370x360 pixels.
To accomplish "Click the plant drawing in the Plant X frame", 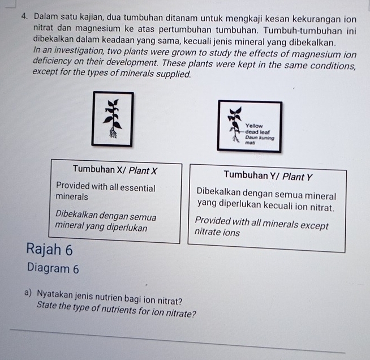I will [114, 118].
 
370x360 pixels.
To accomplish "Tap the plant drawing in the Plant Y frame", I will [234, 126].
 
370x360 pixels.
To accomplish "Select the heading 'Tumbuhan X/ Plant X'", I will [115, 170].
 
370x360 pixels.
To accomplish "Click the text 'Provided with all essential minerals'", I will [105, 192].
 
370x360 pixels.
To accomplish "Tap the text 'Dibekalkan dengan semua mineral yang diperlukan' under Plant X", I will [106, 222].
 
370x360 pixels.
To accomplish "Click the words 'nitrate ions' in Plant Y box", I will [217, 232].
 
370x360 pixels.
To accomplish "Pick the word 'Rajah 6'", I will [50, 249].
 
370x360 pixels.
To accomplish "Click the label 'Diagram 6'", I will [53, 269].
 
